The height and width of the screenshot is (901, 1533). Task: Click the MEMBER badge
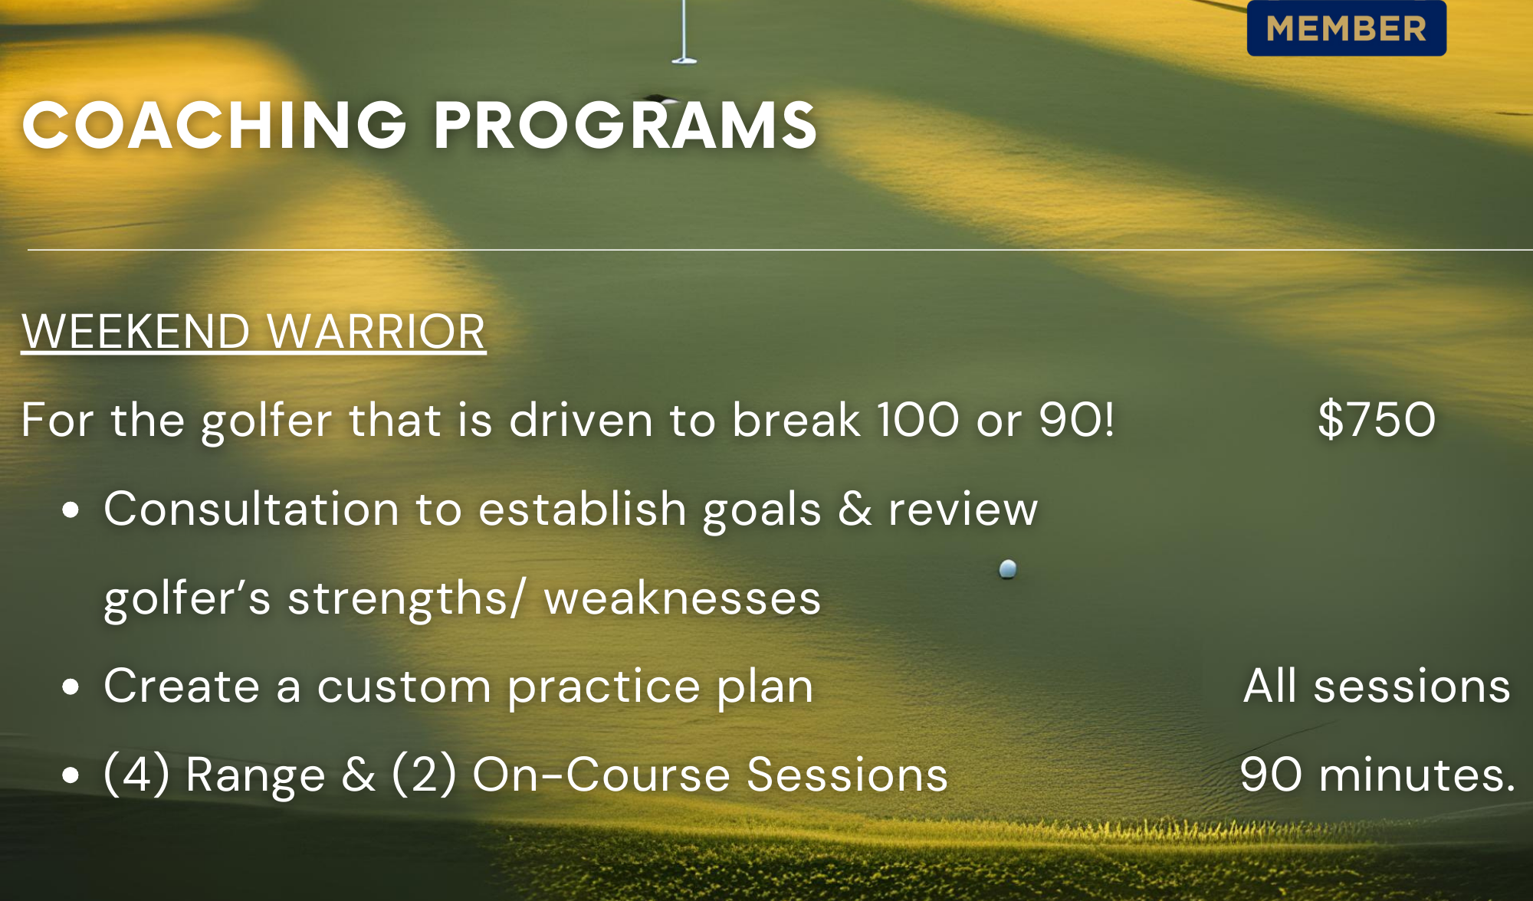(1347, 28)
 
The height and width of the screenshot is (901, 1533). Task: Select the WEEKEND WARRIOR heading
(254, 332)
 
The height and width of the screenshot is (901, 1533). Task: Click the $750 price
(1377, 419)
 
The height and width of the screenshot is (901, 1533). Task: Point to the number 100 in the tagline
(918, 419)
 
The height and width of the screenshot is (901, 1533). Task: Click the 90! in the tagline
(1077, 419)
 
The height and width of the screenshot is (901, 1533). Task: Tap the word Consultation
(252, 509)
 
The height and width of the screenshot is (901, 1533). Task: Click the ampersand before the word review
(855, 509)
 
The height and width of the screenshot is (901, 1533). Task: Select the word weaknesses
(682, 598)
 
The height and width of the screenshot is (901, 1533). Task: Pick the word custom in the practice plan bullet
(404, 686)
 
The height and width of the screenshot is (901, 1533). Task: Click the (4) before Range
(136, 774)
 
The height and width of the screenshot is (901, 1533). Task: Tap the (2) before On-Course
(425, 774)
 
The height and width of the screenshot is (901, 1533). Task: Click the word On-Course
(601, 774)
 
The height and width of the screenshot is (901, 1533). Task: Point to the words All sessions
(1377, 685)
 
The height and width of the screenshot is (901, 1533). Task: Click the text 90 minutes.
(1377, 774)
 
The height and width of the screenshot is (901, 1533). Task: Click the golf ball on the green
(1008, 568)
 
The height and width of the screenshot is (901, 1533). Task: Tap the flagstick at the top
(684, 31)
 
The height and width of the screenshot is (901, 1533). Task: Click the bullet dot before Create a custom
(71, 687)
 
